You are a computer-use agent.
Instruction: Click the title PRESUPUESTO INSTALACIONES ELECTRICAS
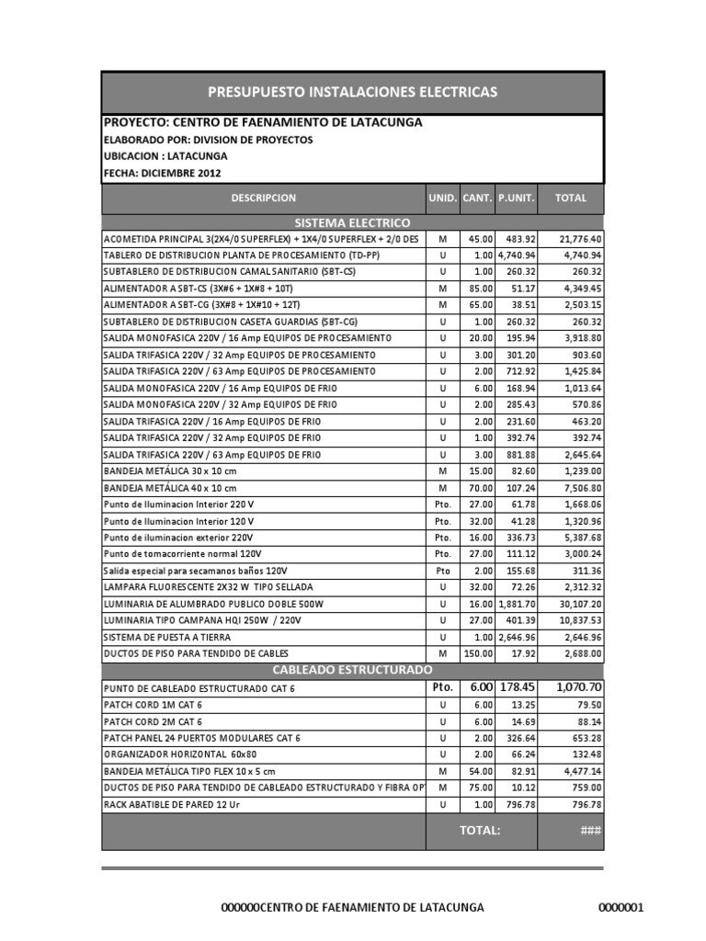tap(353, 92)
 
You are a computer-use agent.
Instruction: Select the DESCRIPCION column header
tap(263, 198)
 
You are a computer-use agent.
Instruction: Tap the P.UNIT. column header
tap(516, 198)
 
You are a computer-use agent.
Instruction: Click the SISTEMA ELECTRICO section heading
tap(353, 223)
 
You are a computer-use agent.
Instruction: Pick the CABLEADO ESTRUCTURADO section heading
tap(353, 669)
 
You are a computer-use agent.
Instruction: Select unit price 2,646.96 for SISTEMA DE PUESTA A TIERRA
tap(516, 637)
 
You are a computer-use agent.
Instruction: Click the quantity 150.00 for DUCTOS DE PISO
tap(478, 653)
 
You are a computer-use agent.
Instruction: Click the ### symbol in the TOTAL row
tap(589, 830)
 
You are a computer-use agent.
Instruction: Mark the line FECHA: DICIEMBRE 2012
tap(163, 173)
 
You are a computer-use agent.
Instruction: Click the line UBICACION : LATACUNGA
tap(165, 156)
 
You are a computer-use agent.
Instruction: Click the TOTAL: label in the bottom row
tap(480, 830)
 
